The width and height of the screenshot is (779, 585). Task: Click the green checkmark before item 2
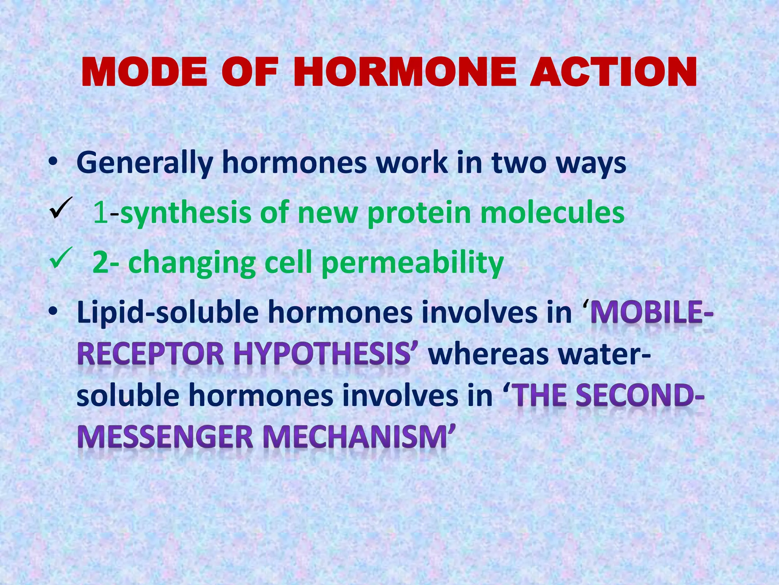[60, 258]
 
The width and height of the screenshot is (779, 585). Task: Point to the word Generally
[145, 163]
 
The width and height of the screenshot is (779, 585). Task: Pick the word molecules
[552, 212]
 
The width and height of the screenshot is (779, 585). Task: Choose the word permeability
[412, 263]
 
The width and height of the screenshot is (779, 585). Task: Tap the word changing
[192, 263]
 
